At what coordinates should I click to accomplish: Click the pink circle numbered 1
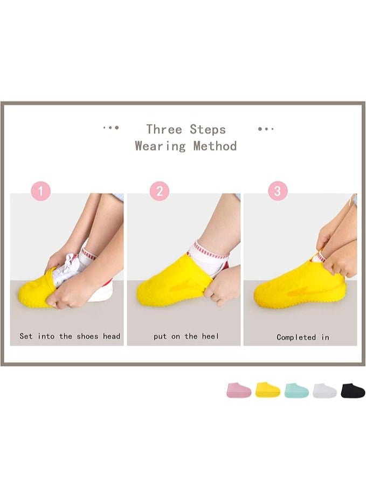pyautogui.click(x=41, y=191)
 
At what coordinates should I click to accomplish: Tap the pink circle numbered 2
pyautogui.click(x=159, y=191)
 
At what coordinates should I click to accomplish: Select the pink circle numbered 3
pyautogui.click(x=278, y=191)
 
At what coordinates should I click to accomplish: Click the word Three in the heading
pyautogui.click(x=163, y=129)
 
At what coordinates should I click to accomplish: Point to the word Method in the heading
pyautogui.click(x=215, y=146)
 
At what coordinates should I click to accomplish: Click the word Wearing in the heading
pyautogui.click(x=160, y=146)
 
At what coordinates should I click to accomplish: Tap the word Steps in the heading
pyautogui.click(x=208, y=129)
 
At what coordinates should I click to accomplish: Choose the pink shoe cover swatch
pyautogui.click(x=238, y=390)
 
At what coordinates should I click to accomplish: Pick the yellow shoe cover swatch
pyautogui.click(x=267, y=389)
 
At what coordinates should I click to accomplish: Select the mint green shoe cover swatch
pyautogui.click(x=296, y=390)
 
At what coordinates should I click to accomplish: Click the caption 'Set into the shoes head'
pyautogui.click(x=70, y=336)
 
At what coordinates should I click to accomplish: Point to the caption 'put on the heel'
pyautogui.click(x=186, y=336)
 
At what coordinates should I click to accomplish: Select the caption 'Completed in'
pyautogui.click(x=302, y=337)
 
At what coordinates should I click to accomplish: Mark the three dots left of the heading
pyautogui.click(x=111, y=128)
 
